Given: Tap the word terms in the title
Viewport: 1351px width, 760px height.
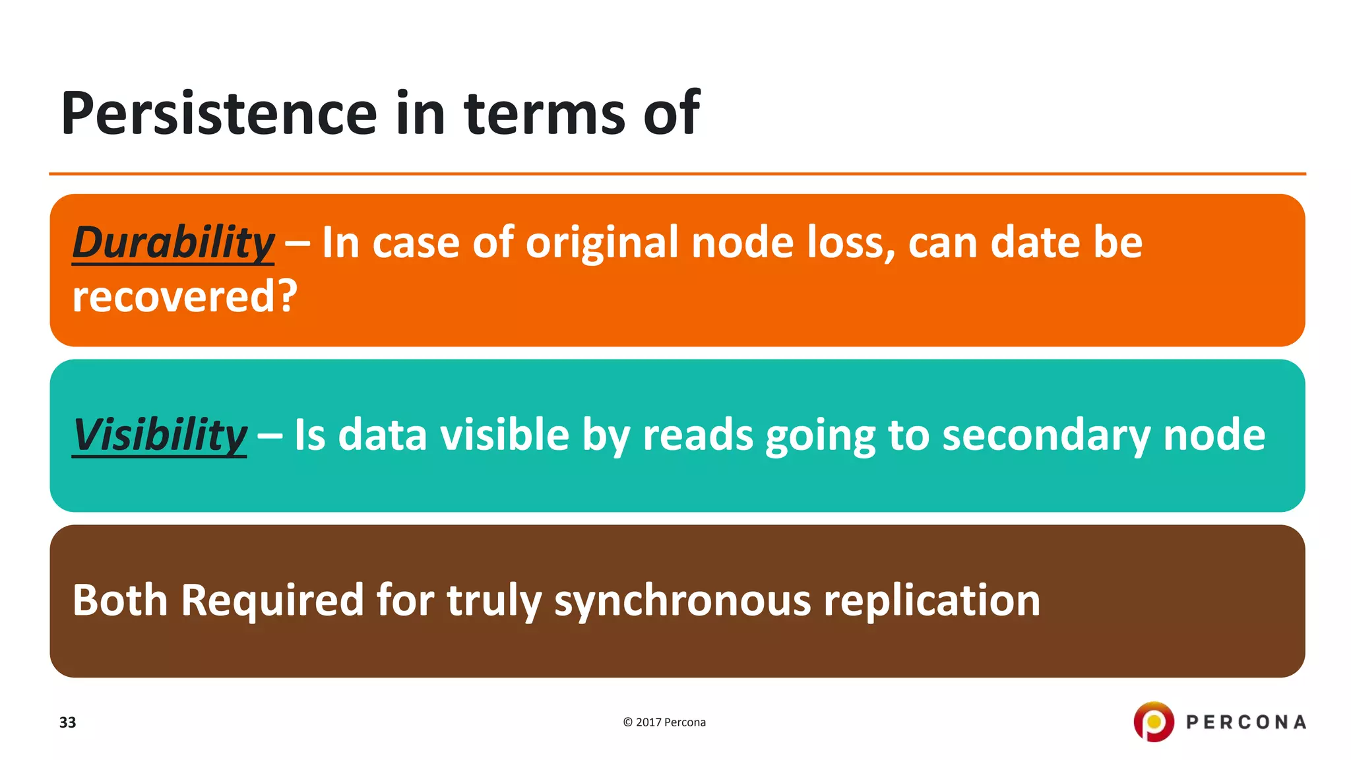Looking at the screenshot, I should pos(544,113).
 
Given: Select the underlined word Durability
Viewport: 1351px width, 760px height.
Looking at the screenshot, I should pos(173,242).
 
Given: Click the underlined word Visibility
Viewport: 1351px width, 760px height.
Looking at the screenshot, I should pos(160,435).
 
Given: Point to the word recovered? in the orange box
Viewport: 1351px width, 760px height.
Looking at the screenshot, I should pos(185,296).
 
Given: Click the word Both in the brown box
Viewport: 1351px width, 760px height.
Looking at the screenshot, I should pos(120,600).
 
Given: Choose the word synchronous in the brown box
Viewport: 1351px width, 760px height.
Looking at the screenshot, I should pos(682,600).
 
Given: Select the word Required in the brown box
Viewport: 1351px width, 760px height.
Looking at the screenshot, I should pos(272,600).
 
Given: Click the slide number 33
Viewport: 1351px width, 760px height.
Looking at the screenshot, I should pos(67,722).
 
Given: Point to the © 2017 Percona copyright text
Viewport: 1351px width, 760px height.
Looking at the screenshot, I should pos(664,722).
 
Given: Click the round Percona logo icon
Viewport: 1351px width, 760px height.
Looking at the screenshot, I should pos(1153,722).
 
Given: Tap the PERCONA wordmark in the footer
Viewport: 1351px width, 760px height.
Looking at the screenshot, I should pos(1245,722).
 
